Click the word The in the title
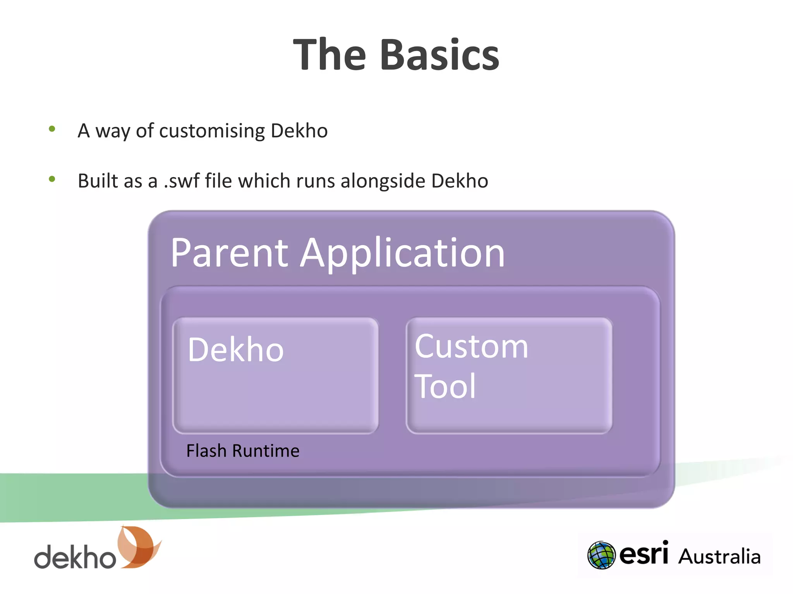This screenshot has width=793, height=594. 329,55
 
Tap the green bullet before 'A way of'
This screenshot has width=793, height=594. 52,129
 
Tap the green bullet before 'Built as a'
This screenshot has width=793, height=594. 52,179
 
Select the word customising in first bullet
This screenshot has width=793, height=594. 212,131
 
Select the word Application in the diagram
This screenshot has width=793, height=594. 403,254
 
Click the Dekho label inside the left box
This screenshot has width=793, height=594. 235,350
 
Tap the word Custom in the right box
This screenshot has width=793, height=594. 471,346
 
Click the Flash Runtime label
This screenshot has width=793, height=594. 242,451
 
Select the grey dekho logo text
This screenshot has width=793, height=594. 75,557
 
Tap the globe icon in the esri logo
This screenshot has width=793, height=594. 601,555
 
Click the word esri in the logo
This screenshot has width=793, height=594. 644,554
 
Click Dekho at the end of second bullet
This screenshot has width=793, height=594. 459,181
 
